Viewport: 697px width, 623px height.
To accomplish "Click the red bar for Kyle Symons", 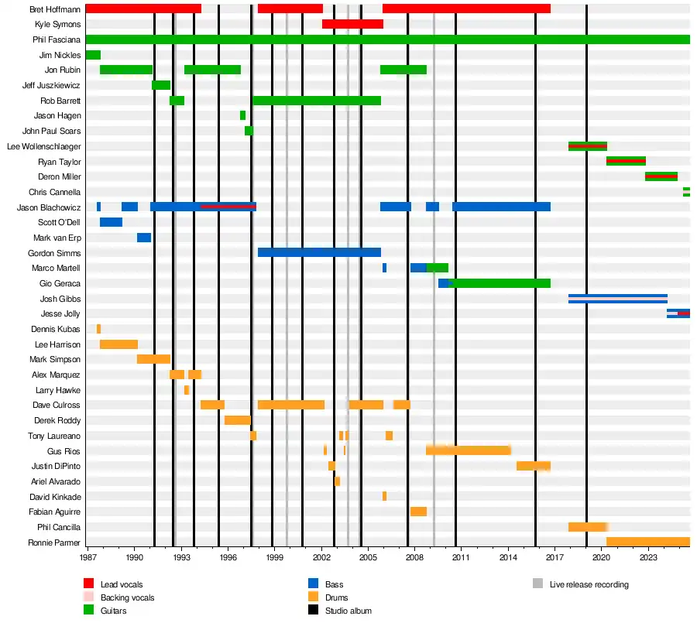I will (352, 24).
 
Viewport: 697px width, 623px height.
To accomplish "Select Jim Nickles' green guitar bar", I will (93, 55).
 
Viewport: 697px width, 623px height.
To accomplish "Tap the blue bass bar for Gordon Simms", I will (319, 252).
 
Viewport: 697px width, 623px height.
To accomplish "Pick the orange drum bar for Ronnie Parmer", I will (647, 542).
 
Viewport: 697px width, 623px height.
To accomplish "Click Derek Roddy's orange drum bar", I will (237, 420).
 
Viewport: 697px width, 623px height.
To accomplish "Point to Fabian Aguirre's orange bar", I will (418, 512).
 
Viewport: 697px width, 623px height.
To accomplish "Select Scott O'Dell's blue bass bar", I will (111, 222).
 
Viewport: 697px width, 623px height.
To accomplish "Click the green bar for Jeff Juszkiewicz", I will (161, 85).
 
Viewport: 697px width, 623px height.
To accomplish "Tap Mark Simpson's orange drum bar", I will (153, 359).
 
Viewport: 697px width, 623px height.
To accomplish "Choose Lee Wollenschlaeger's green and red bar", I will (587, 146).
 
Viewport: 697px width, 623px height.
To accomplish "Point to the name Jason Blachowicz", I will (49, 207).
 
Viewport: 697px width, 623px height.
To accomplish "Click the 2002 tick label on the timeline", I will (321, 557).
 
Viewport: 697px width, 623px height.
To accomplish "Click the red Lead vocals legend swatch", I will (89, 584).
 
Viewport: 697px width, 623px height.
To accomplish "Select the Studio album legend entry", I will (348, 611).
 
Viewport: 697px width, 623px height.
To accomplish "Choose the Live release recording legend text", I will (589, 584).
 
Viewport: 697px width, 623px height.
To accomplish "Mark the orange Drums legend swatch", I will (314, 597).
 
